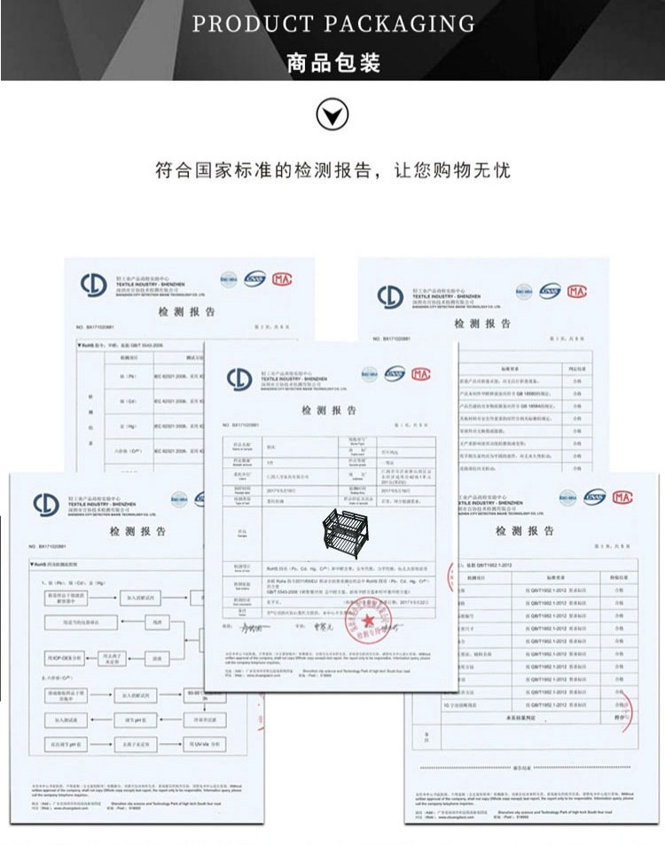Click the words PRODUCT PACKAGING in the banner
[333, 24]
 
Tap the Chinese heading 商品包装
[333, 63]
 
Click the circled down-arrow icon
[332, 114]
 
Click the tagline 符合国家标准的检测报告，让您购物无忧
[332, 169]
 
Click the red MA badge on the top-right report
[577, 291]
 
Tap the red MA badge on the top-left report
[282, 279]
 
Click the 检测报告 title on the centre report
[329, 411]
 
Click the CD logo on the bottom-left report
[46, 505]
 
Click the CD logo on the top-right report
[390, 296]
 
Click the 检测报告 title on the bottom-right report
[525, 530]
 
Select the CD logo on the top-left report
[93, 285]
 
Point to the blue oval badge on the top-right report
[551, 291]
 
